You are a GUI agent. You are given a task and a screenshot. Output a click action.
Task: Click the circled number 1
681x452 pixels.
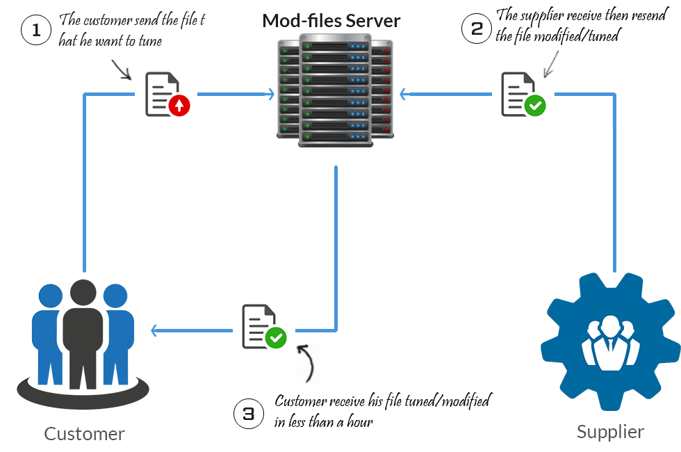[x=37, y=31]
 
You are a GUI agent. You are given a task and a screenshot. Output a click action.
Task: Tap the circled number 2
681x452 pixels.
[x=477, y=29]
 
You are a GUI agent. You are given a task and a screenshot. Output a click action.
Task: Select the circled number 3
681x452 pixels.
[x=249, y=414]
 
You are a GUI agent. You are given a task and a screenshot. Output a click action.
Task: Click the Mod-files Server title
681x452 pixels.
[x=331, y=21]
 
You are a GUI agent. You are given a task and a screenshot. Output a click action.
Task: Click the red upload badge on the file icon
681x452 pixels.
[x=179, y=106]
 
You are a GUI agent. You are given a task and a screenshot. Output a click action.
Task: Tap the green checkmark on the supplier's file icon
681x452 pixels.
[x=535, y=106]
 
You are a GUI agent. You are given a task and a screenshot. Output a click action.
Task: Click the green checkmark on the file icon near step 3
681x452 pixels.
[x=276, y=338]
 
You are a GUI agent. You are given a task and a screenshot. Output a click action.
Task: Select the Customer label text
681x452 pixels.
[x=84, y=434]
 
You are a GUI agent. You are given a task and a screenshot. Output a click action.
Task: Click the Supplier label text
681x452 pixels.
[x=610, y=432]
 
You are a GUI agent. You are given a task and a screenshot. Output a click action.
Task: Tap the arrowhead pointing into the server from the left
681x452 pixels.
[x=271, y=94]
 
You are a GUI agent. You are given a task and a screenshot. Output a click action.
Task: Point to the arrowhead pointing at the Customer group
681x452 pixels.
[x=156, y=332]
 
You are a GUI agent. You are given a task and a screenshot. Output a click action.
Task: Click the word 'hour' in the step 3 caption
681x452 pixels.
[x=359, y=421]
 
